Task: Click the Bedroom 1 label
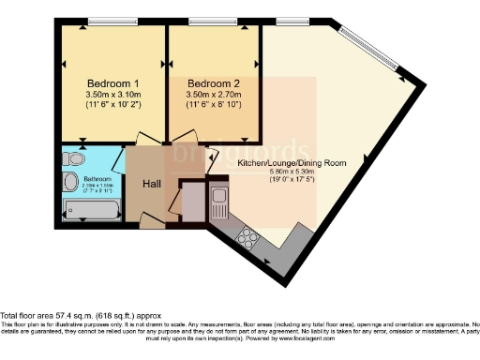coord(112,81)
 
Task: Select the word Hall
coord(150,184)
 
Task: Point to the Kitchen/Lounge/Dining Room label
coord(292,163)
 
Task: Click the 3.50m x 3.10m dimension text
coord(112,95)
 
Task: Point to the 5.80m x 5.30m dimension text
coord(292,172)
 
